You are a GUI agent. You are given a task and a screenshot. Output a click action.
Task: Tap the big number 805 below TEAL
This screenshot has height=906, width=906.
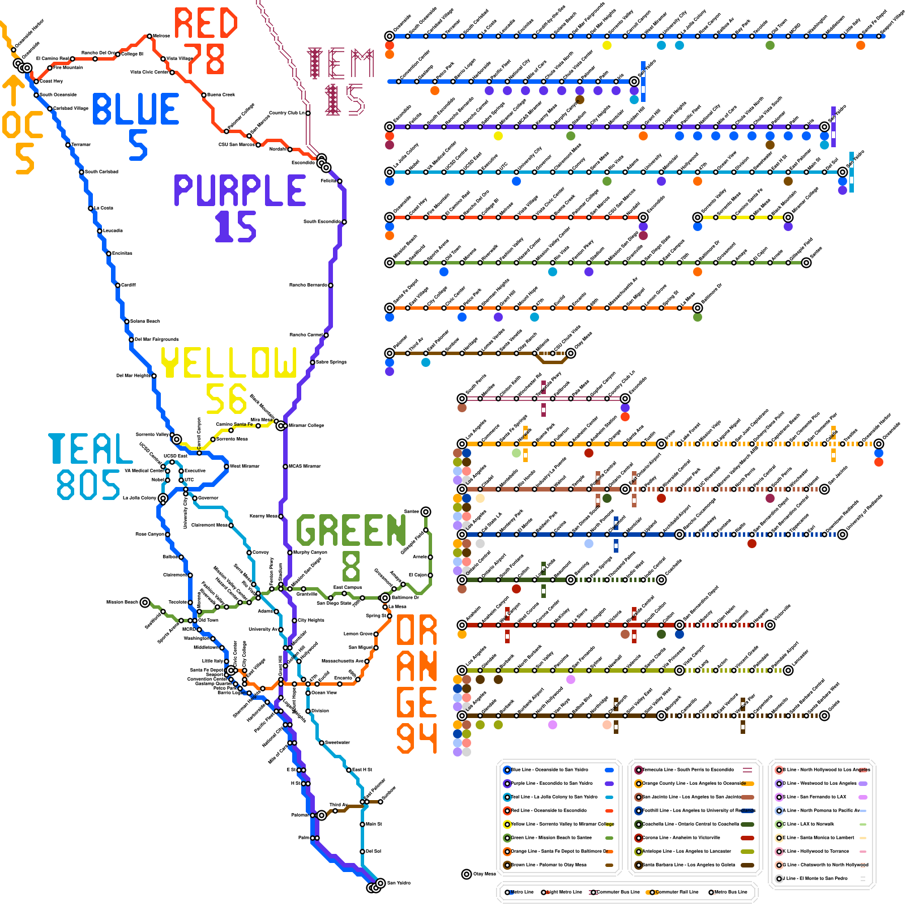tap(88, 485)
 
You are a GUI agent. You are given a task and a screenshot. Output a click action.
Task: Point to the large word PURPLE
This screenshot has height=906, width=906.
tap(240, 190)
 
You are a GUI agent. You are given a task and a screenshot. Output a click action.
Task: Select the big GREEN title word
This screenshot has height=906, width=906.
tap(351, 530)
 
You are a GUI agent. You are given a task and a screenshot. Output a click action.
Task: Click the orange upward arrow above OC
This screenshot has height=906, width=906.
tap(13, 91)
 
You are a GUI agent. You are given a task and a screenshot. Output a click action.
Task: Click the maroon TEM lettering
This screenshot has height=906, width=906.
tap(340, 63)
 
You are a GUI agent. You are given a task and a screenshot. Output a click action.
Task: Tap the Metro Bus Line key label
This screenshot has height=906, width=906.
tap(730, 892)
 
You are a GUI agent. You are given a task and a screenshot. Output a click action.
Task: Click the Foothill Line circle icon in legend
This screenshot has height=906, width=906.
tap(638, 810)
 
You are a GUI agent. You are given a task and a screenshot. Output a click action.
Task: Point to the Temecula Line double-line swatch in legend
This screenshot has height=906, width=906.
tap(747, 770)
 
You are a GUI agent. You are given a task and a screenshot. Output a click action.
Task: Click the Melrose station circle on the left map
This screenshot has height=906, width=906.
tap(149, 36)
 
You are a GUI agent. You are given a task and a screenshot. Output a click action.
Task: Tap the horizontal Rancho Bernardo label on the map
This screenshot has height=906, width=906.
tap(308, 285)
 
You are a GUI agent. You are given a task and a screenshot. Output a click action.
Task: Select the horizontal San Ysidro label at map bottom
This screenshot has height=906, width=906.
tap(399, 883)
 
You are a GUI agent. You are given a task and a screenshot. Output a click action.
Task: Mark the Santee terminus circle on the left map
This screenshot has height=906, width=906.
tap(426, 511)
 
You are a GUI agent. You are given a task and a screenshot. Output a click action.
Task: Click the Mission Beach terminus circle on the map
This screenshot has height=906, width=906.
tap(145, 602)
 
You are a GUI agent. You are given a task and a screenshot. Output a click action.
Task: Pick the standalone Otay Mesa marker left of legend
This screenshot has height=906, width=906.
tap(467, 874)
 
